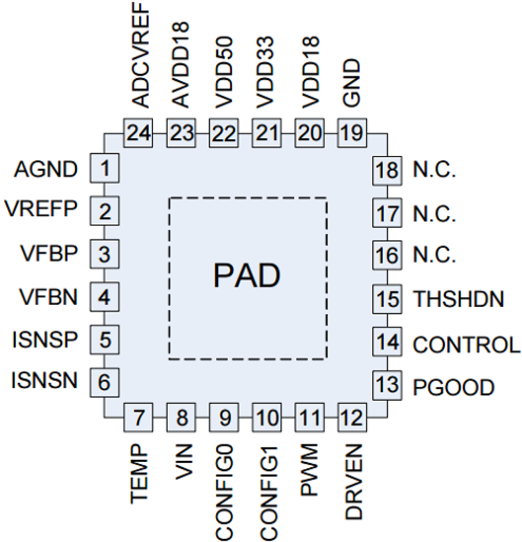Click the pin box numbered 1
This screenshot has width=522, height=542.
(x=105, y=168)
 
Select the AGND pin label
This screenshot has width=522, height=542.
(x=46, y=169)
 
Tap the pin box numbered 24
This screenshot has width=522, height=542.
(x=138, y=133)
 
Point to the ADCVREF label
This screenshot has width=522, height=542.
(x=140, y=55)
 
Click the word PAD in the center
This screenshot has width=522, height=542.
(x=247, y=275)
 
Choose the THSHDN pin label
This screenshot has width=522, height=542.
(x=458, y=299)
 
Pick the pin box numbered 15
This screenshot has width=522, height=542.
(x=387, y=299)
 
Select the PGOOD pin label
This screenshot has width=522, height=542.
(x=453, y=387)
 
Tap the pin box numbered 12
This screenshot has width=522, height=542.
(x=352, y=417)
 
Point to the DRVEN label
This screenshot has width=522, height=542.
(x=354, y=482)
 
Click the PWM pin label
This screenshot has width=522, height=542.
(x=309, y=470)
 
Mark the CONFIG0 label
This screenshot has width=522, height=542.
(x=224, y=493)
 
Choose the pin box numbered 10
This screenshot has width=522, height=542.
(x=267, y=417)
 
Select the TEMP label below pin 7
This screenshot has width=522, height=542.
(x=139, y=474)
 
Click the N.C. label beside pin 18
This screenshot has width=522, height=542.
(x=434, y=170)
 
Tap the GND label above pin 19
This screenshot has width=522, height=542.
(x=351, y=83)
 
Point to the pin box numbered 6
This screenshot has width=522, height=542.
(x=105, y=382)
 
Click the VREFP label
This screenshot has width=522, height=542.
(x=41, y=209)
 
